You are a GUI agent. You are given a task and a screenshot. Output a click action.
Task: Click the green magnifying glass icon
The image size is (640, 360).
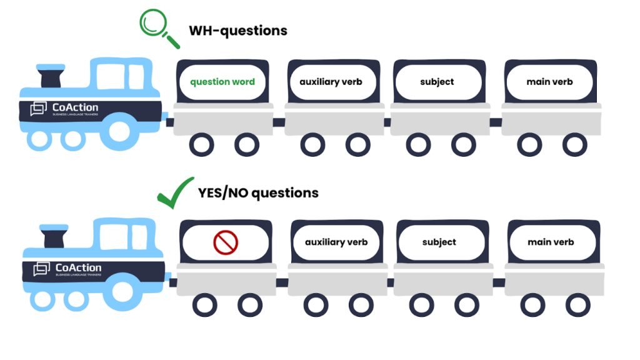coord(156,27)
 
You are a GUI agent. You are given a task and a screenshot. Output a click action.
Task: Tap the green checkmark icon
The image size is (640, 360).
coord(176,193)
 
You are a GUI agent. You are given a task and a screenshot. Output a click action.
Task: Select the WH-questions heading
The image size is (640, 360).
coord(238,31)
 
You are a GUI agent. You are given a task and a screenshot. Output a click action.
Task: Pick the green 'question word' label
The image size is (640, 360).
coord(222,82)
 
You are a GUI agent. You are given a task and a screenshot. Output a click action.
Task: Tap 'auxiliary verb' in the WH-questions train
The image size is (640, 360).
coord(331,82)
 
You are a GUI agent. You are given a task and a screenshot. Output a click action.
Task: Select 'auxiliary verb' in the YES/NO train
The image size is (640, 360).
coord(336,242)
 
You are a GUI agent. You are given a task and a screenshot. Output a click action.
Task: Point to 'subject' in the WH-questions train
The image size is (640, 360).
coord(437,82)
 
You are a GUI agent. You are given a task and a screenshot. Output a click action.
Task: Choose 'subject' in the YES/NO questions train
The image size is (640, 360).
coord(439,242)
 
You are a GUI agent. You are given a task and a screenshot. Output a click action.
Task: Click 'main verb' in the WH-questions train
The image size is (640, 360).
coord(550,82)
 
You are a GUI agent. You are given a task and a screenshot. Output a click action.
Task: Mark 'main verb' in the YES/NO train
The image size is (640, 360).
coord(551,242)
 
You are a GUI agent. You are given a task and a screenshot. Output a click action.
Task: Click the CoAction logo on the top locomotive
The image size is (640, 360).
coord(65,109)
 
